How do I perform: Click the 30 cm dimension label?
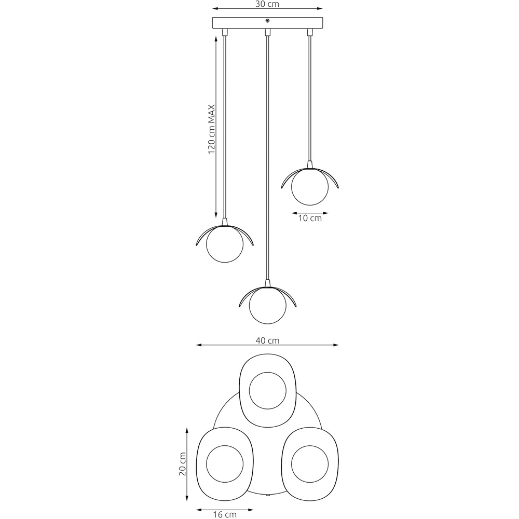point(267,4)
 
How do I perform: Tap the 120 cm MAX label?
point(212,129)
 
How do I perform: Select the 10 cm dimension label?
point(310,218)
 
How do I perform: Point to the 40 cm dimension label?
point(267,340)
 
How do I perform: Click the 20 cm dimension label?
point(182,463)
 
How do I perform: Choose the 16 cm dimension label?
point(225,514)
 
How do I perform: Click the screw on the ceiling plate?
point(267,21)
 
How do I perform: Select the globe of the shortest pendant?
point(310,187)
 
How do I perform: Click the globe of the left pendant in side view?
point(225,244)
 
